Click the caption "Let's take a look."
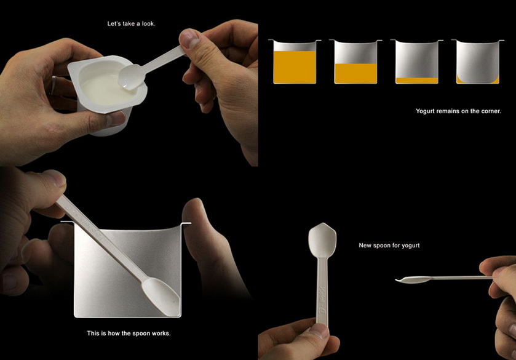(131, 24)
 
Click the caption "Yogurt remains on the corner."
(458, 111)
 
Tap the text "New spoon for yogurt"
(389, 246)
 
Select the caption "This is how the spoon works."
(129, 334)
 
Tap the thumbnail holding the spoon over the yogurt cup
(190, 38)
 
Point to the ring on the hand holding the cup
(54, 86)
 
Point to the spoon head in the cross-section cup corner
(161, 297)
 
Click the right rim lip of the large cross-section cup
(186, 223)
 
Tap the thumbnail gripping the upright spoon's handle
(319, 331)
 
